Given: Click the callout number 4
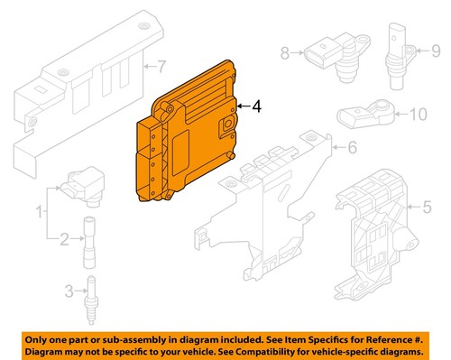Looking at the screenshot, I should (258, 106).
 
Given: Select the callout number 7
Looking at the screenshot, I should (161, 65).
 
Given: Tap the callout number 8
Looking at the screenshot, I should (285, 53).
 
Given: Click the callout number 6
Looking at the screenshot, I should (353, 146).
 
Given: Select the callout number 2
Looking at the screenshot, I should (64, 239).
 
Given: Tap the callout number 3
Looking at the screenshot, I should (69, 290).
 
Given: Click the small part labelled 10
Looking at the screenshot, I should (366, 114).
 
